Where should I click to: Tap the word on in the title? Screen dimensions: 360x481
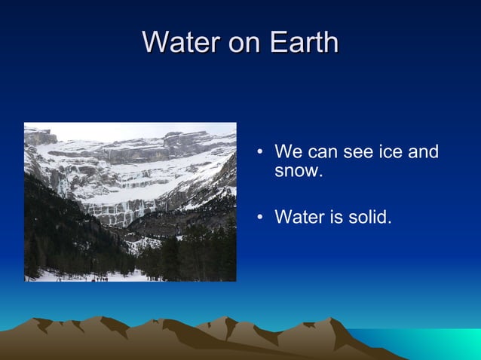(x=244, y=42)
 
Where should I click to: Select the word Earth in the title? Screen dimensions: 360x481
(x=302, y=42)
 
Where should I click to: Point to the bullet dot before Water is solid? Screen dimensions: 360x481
(x=259, y=219)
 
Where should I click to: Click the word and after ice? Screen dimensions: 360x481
(x=423, y=153)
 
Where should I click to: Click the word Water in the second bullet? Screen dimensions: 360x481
(x=296, y=218)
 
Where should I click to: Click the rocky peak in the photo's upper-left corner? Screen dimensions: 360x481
(x=39, y=137)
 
